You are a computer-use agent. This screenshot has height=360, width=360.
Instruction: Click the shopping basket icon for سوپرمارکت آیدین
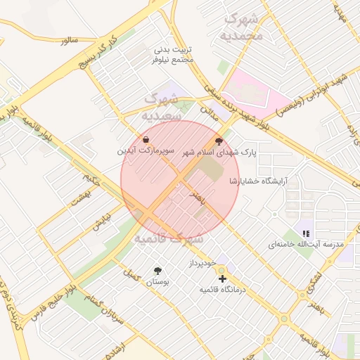pos(146,140)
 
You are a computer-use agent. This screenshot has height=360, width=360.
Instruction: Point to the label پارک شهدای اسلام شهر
pos(219,152)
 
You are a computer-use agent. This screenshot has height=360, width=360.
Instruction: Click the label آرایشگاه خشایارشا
pos(258,181)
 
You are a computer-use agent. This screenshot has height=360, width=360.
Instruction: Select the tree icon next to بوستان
pos(157,271)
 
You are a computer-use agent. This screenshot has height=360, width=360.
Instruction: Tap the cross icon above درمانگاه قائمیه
pos(223,279)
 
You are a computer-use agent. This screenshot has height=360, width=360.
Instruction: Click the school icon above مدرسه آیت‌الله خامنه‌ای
pos(305,233)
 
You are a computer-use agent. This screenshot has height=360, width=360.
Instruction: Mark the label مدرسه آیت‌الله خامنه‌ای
pos(305,244)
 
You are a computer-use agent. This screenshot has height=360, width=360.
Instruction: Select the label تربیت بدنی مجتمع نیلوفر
pos(173,56)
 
